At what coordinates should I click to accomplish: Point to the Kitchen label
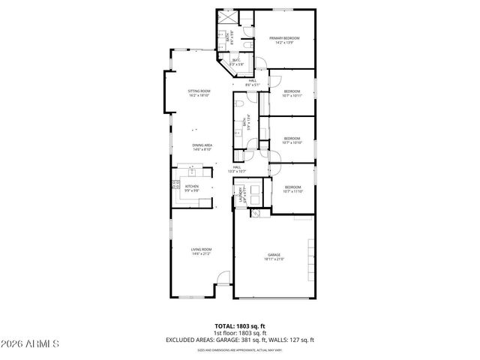[192, 187]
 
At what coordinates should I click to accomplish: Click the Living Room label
[201, 251]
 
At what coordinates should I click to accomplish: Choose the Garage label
[274, 257]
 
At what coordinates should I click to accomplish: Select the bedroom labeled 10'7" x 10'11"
[292, 94]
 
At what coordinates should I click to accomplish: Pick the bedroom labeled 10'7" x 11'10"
[292, 190]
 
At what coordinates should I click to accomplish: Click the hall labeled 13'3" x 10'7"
[236, 169]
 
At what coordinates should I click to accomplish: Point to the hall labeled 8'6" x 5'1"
[252, 82]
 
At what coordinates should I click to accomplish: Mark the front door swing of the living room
[223, 280]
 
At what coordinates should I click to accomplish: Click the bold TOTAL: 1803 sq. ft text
[239, 326]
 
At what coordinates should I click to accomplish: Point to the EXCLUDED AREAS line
[239, 340]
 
